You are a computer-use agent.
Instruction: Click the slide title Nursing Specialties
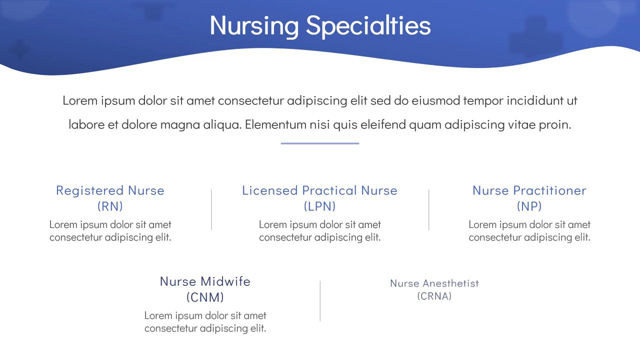click(x=320, y=25)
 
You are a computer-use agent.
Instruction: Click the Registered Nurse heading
click(x=110, y=190)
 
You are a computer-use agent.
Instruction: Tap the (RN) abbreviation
click(x=110, y=206)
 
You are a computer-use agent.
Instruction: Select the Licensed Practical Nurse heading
click(x=319, y=190)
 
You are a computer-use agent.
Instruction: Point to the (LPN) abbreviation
click(x=319, y=206)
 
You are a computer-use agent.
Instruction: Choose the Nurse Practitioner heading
click(x=529, y=190)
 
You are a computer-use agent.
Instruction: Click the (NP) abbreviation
click(x=529, y=206)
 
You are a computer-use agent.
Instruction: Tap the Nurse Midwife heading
click(x=205, y=281)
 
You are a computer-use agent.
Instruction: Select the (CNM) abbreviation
click(x=205, y=297)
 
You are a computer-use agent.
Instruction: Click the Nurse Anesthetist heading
click(x=434, y=283)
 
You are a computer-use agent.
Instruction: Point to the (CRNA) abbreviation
click(x=434, y=296)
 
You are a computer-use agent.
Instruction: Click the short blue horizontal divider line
click(x=320, y=143)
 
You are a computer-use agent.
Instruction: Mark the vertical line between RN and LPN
click(x=211, y=210)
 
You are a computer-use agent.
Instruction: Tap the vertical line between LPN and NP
click(x=428, y=210)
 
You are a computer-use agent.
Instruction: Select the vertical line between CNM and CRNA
click(x=320, y=300)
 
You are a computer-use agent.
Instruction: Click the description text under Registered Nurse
click(x=110, y=231)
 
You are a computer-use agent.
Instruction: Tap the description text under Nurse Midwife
click(x=205, y=322)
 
